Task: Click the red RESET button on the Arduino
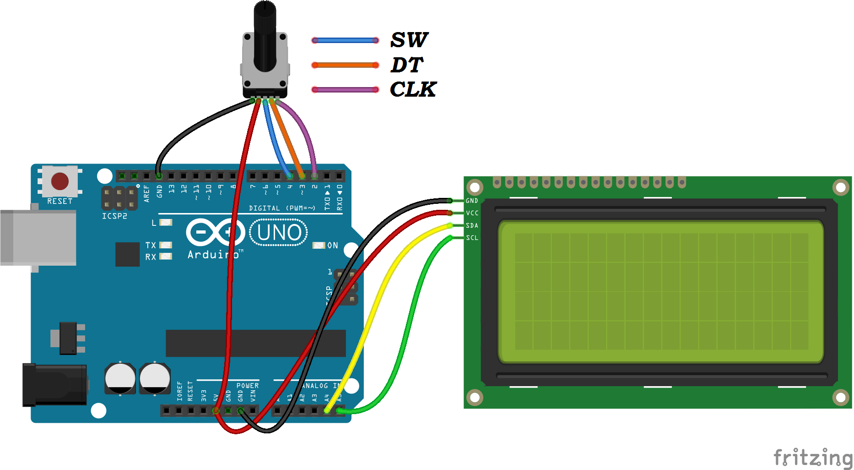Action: tap(60, 181)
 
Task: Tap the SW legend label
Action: tap(409, 40)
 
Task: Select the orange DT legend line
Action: tap(345, 65)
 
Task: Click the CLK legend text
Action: tap(413, 89)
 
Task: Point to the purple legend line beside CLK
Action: tap(345, 90)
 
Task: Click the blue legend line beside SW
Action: tap(345, 40)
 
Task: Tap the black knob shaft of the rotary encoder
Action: tap(265, 37)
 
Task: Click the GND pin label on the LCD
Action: tap(472, 201)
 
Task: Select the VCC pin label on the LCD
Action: tap(472, 213)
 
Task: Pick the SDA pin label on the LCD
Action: tap(472, 225)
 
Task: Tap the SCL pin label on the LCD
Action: tap(472, 238)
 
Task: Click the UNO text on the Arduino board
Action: tap(279, 233)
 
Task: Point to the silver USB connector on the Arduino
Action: tap(38, 237)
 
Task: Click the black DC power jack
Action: tap(55, 385)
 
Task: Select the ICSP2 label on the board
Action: tap(114, 216)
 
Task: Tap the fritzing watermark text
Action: tap(812, 458)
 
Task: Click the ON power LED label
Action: tap(333, 246)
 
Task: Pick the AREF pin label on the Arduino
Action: tap(146, 193)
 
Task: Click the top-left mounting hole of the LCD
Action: tap(475, 187)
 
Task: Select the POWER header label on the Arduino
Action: tap(247, 386)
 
